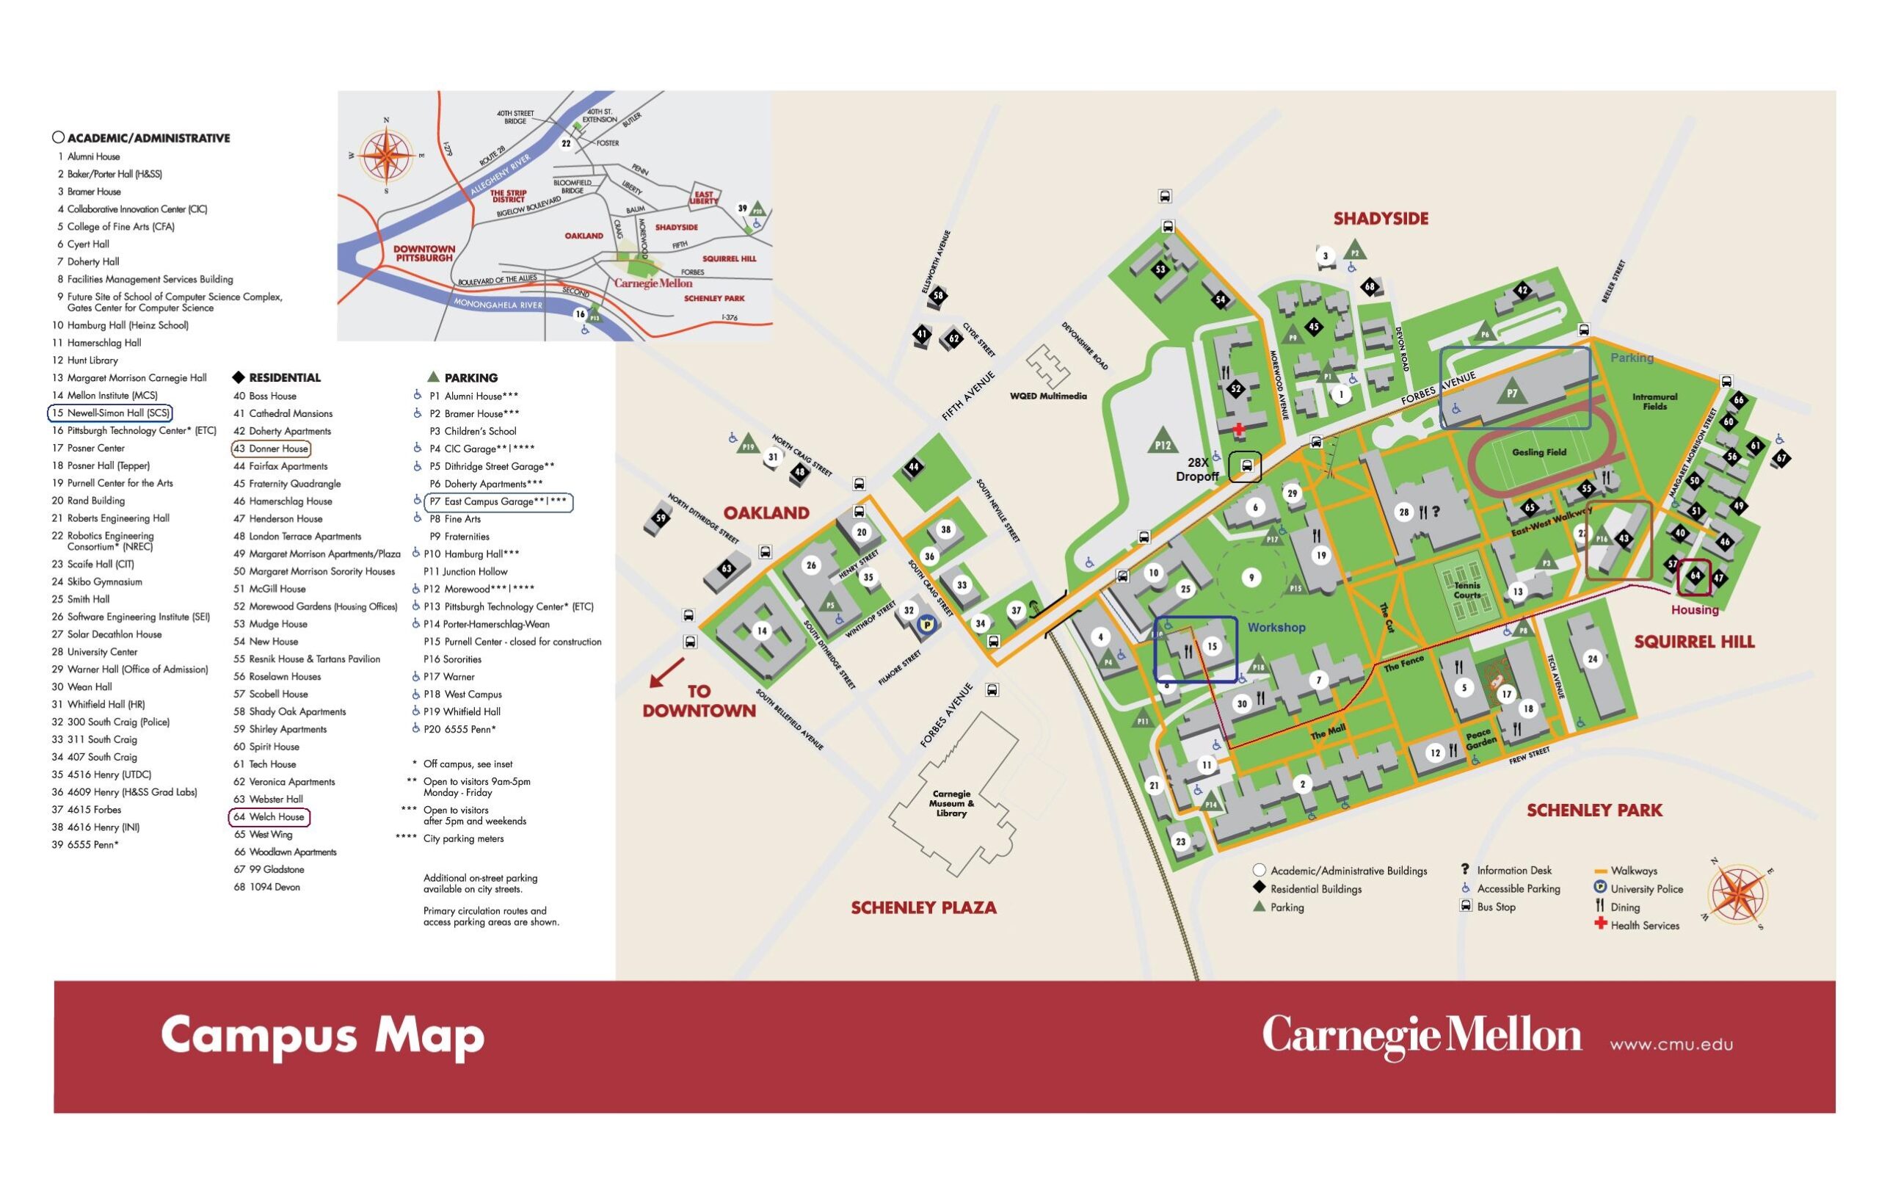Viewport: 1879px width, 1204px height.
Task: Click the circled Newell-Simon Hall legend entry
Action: click(110, 413)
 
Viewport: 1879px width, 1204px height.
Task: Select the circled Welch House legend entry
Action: click(269, 817)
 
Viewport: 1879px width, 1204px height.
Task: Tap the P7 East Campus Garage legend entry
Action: click(498, 502)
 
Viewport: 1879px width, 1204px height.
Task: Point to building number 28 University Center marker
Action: click(1404, 512)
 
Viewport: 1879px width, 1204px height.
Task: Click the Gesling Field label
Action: click(1538, 452)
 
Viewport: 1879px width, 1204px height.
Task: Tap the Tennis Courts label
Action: click(1467, 590)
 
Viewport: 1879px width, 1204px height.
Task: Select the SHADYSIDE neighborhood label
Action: click(1381, 219)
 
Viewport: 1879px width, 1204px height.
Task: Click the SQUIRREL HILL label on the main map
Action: click(1694, 642)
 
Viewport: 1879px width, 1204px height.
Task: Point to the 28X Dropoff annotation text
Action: click(1197, 469)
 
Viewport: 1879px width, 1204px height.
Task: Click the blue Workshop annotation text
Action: click(1276, 627)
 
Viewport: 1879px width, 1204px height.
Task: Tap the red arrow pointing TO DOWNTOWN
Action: click(666, 672)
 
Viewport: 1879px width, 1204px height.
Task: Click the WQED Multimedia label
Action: click(1047, 396)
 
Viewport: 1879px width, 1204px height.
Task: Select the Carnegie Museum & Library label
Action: click(951, 803)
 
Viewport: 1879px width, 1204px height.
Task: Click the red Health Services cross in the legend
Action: click(1600, 924)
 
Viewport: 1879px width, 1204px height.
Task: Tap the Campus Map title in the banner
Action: click(322, 1035)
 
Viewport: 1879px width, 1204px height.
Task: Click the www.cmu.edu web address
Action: click(1671, 1045)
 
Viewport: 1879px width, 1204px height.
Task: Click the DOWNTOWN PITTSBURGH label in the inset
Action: click(424, 253)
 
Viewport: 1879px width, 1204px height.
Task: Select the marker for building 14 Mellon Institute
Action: click(761, 630)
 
